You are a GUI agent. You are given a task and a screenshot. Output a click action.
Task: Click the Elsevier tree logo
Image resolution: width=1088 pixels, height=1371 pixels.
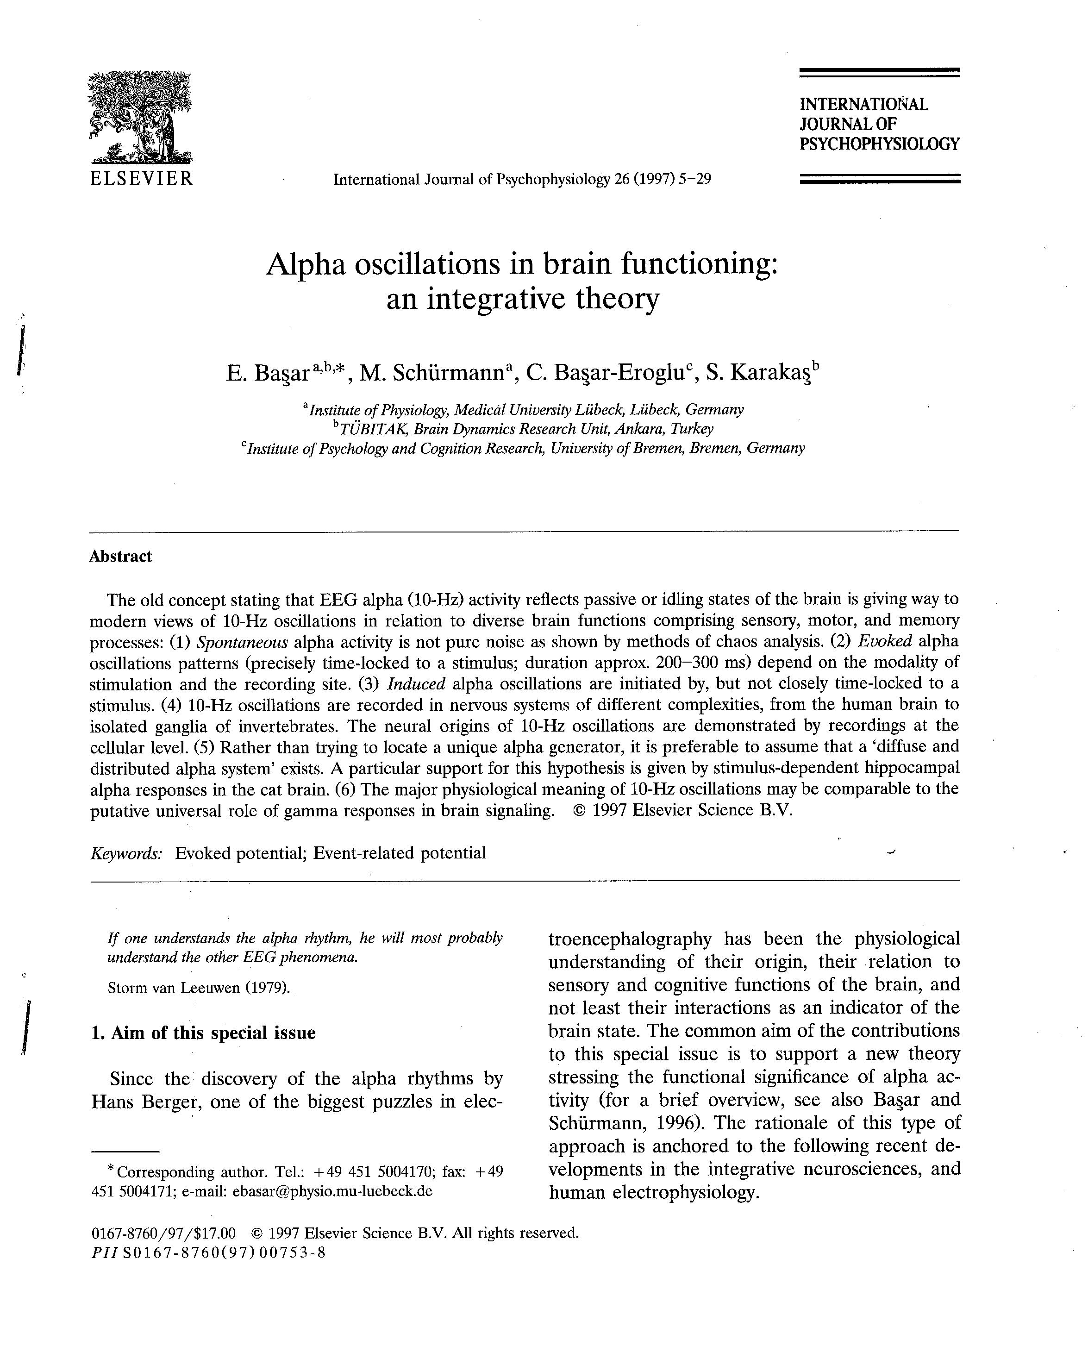point(140,118)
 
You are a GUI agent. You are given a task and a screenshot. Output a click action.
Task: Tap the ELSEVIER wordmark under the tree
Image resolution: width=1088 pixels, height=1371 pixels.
point(141,178)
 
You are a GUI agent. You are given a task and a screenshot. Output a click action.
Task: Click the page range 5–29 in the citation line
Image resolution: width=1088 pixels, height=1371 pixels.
point(694,179)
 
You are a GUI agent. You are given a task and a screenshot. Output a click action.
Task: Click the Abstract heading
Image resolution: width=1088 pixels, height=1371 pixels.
point(121,557)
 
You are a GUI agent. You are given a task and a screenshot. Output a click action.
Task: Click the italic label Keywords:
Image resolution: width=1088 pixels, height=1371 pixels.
point(126,853)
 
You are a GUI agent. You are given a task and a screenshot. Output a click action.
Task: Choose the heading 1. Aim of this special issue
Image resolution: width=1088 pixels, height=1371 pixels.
point(204,1032)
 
